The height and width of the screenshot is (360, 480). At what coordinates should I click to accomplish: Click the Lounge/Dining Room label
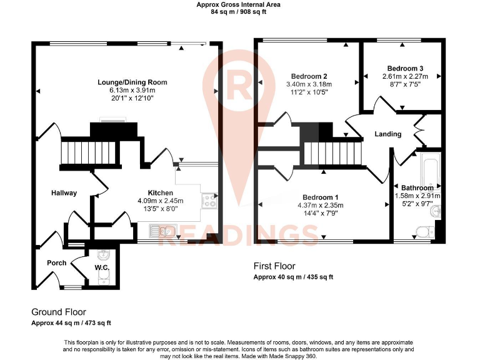[x=132, y=82]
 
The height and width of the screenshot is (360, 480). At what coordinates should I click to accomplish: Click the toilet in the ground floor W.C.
[x=103, y=278]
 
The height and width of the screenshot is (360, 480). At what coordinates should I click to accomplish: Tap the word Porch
[x=57, y=263]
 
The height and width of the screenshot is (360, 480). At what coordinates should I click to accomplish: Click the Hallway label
[x=64, y=193]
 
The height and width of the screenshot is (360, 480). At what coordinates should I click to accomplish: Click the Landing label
[x=387, y=134]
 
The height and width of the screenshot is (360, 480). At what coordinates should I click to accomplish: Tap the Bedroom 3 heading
[x=405, y=68]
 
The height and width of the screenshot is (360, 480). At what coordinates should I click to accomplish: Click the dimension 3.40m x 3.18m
[x=309, y=84]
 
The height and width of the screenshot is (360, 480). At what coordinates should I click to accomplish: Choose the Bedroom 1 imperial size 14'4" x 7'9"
[x=320, y=214]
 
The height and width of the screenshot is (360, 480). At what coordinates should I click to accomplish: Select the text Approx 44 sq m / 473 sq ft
[x=71, y=323]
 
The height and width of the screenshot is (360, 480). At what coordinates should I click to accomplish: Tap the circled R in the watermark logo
[x=240, y=81]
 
